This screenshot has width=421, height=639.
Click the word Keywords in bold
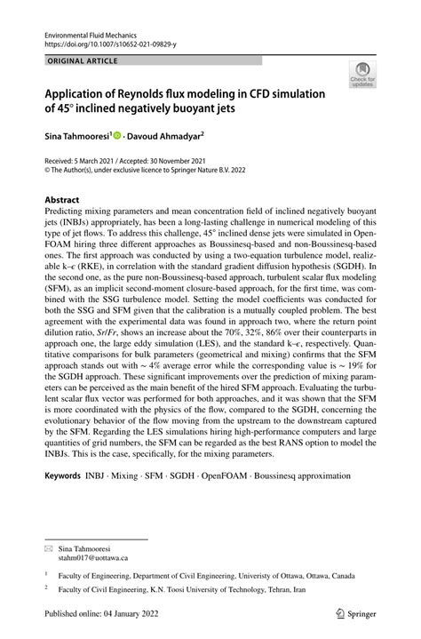point(67,477)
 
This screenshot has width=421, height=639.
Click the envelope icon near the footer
point(49,547)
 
